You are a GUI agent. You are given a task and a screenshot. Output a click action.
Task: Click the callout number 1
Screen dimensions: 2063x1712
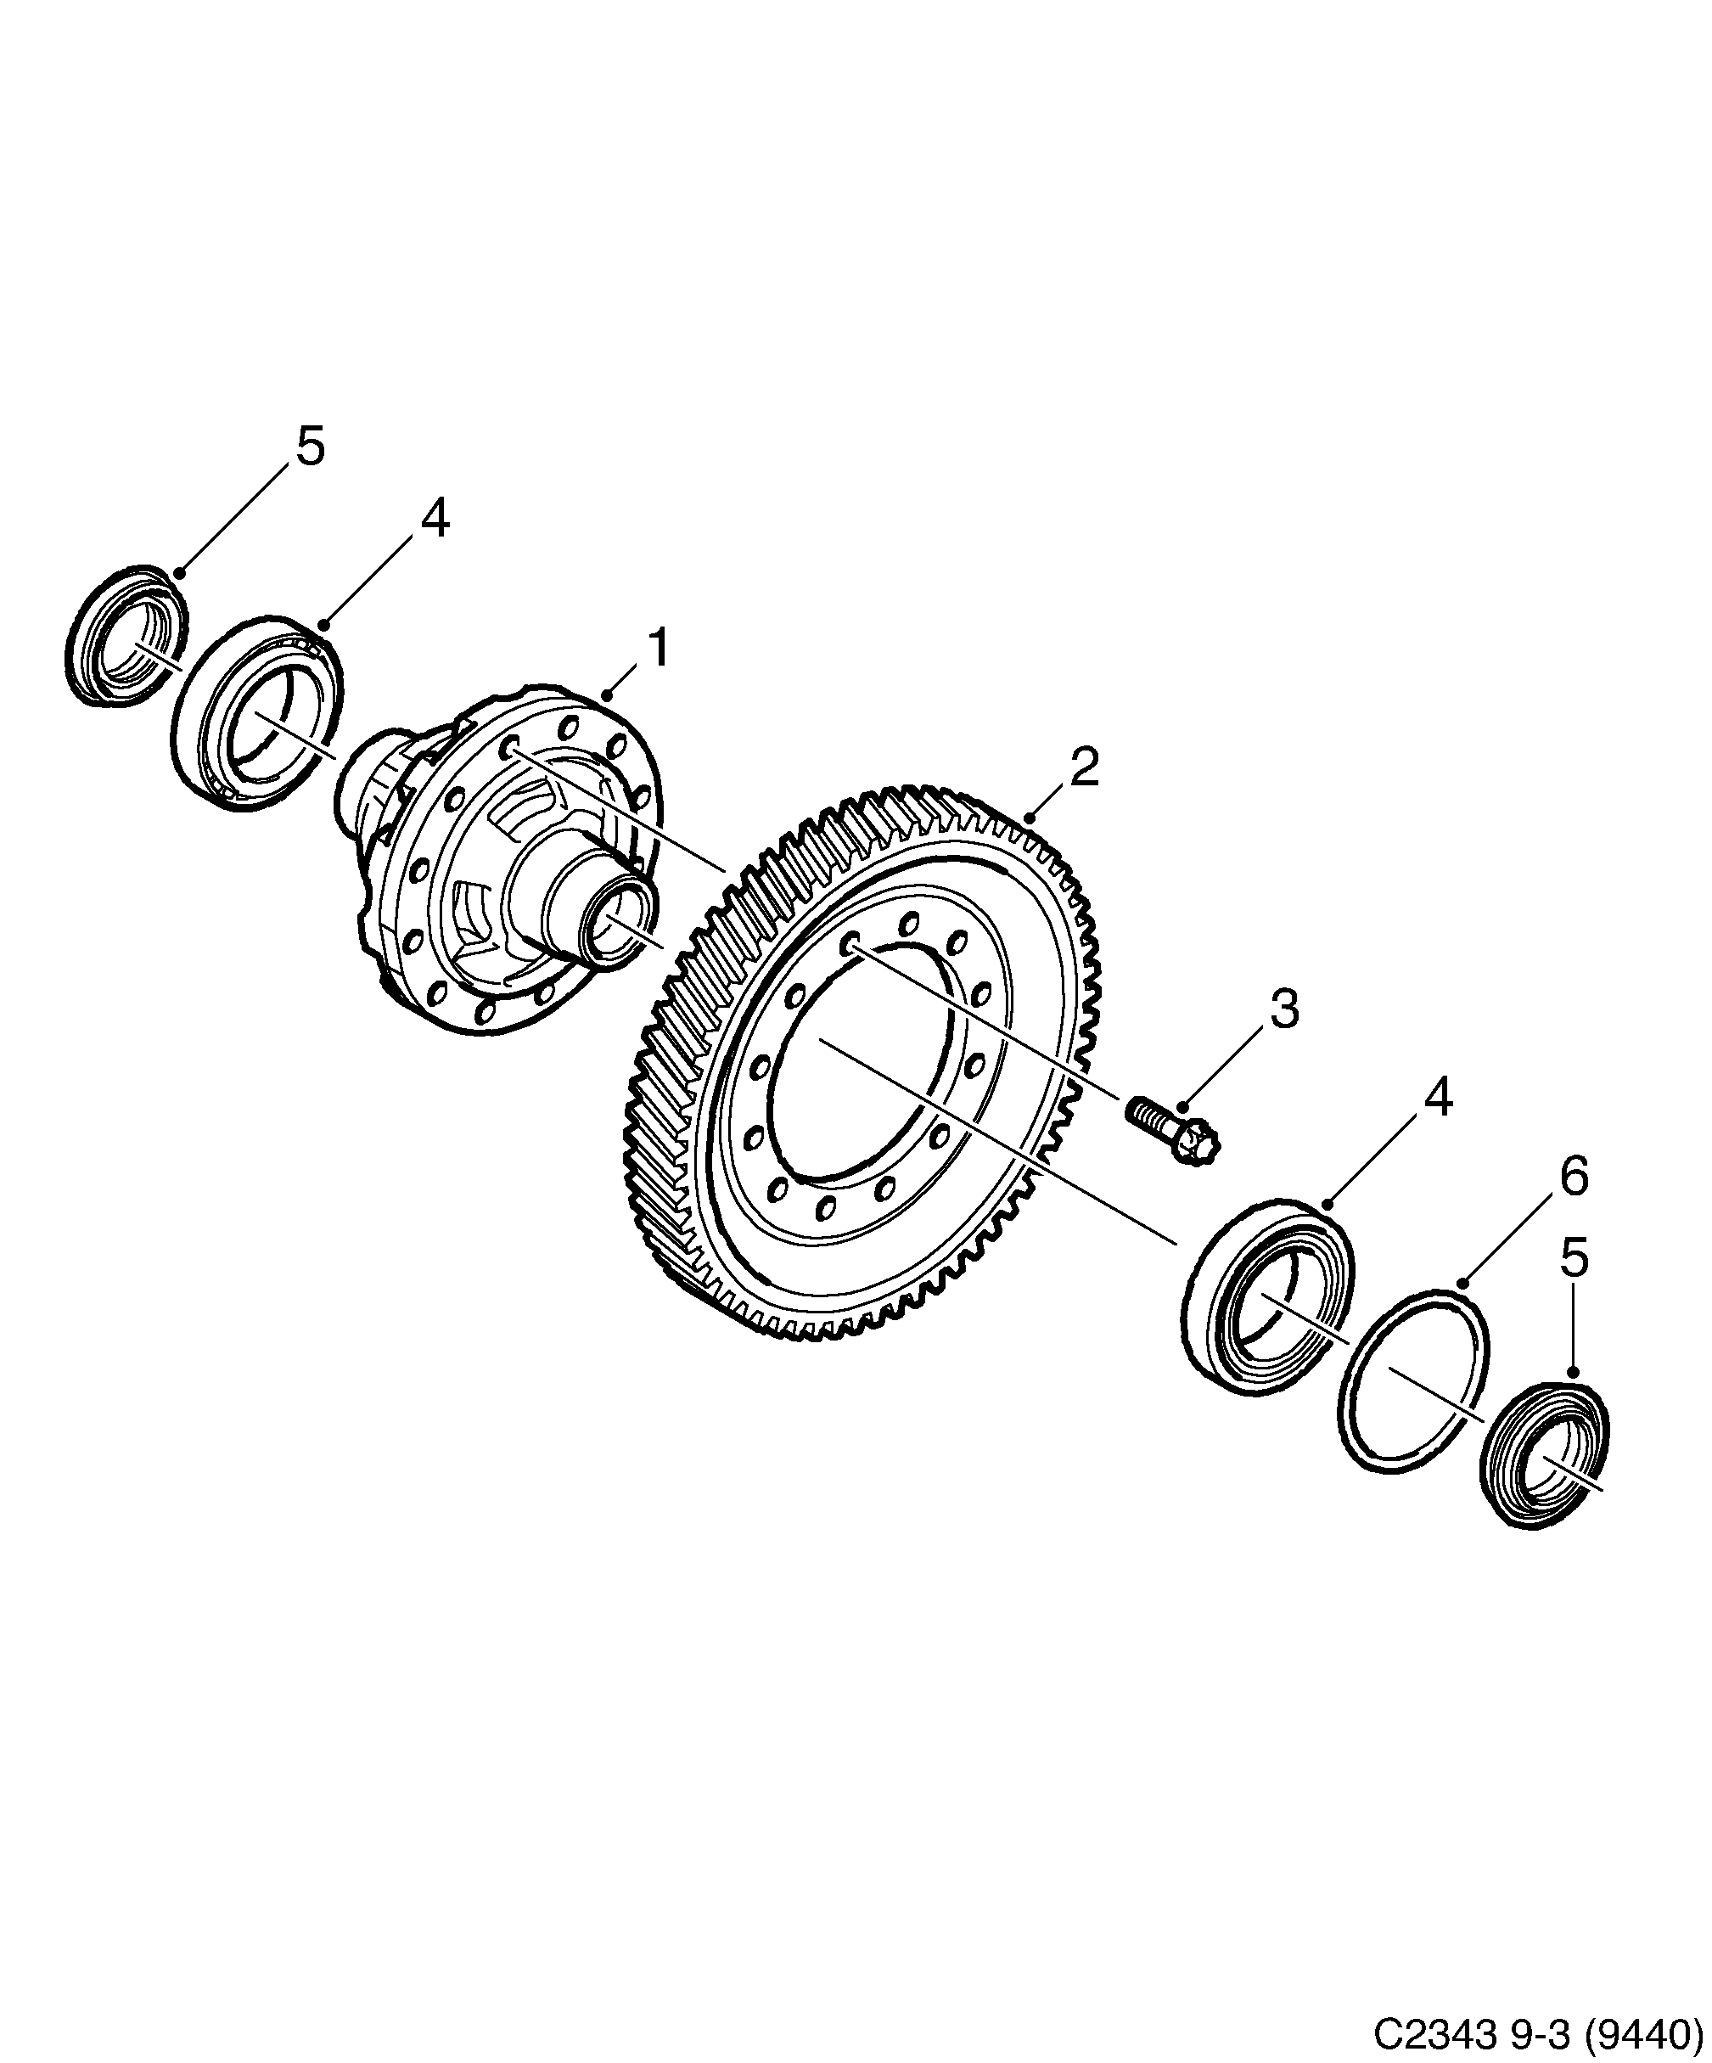point(657,649)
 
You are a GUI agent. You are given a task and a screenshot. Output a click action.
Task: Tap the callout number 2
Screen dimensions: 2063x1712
point(1083,767)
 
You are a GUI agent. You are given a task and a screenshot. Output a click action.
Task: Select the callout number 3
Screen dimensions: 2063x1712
point(1283,1009)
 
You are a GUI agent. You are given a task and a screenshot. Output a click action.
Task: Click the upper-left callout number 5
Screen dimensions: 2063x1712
point(310,447)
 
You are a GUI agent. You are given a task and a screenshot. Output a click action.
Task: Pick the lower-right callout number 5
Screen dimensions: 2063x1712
point(1574,1258)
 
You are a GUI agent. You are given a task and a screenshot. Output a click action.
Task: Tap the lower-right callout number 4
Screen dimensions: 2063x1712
point(1437,1099)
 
